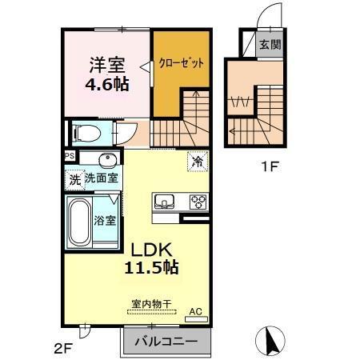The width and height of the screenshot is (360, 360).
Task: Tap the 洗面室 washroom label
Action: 102,179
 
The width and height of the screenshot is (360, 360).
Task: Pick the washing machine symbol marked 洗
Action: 74,180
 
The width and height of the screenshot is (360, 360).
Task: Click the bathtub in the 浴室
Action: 81,224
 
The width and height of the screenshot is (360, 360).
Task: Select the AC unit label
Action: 194,311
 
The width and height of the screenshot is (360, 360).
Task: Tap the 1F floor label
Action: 270,169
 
